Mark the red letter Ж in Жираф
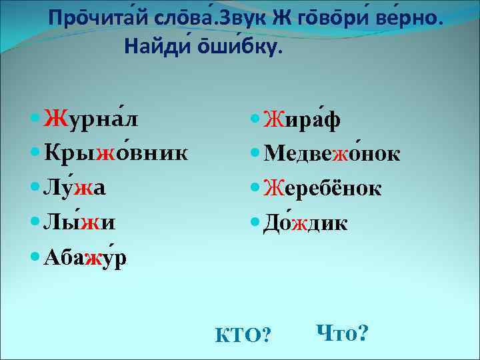[x=273, y=119]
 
